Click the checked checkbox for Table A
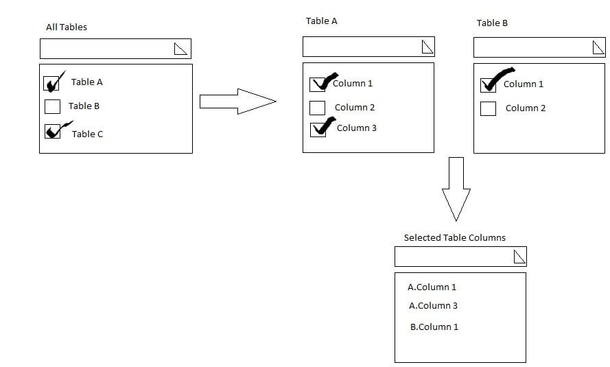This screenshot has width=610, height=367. (51, 84)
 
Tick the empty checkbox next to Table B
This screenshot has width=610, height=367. (52, 106)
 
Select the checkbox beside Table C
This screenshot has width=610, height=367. (52, 131)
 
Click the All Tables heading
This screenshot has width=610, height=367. (67, 27)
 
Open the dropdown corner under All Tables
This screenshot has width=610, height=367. (180, 48)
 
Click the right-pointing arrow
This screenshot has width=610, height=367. (237, 102)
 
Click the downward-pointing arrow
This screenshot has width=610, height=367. (456, 189)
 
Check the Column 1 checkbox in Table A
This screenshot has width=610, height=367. (318, 84)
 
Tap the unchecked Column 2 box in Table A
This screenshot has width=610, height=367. (317, 108)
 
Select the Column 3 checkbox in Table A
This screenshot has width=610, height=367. (318, 130)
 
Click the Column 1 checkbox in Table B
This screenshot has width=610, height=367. (488, 85)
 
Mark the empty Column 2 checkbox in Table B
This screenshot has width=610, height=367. (488, 108)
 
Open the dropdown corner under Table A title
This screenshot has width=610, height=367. (427, 47)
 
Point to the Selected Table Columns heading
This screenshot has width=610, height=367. (454, 238)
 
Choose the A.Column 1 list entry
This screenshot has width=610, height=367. (432, 287)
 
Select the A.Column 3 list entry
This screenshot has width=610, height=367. (433, 306)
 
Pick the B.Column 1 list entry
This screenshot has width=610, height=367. (434, 327)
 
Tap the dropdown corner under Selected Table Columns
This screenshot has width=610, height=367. (519, 257)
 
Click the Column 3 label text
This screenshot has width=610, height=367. (356, 128)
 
